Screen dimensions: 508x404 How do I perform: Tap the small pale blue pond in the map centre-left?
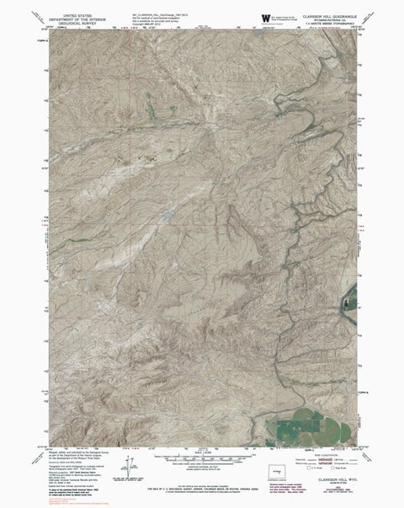coord(168,213)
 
